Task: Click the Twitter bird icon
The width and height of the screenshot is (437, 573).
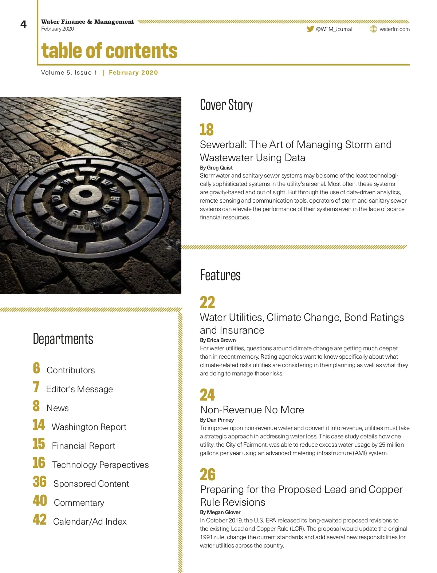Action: tap(310, 29)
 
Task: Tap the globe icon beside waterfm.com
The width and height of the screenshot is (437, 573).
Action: tap(373, 29)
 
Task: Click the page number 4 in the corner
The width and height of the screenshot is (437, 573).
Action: tap(24, 24)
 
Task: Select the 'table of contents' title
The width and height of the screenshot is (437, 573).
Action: tap(109, 51)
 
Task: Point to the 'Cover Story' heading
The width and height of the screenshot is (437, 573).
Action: tap(226, 105)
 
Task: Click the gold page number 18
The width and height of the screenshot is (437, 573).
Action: tap(207, 130)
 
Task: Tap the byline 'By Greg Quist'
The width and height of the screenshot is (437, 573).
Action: tap(216, 168)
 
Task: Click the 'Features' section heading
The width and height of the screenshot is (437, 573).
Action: tap(220, 275)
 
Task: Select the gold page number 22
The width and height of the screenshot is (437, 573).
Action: tap(208, 302)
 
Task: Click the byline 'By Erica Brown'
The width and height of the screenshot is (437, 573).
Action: tap(218, 340)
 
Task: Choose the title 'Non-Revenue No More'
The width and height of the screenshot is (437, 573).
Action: tap(252, 410)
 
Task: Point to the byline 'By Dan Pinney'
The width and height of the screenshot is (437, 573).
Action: tap(217, 420)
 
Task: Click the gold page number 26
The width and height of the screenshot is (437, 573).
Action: tap(208, 474)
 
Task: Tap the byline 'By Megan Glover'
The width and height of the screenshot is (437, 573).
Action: tap(220, 512)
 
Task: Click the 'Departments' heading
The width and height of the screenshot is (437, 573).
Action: tap(63, 339)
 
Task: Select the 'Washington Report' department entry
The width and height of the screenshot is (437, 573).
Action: tap(89, 427)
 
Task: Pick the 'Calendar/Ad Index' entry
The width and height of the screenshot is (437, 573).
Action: tap(90, 522)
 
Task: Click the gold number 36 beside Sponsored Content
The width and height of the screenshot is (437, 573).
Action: tap(40, 482)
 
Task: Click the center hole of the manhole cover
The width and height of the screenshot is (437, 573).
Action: tap(86, 194)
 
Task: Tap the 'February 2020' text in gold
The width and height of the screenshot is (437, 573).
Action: tap(133, 73)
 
